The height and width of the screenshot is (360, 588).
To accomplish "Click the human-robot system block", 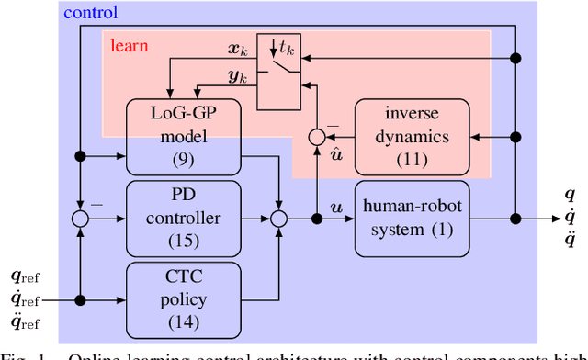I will (x=412, y=218).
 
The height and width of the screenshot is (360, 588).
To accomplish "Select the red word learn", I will (x=130, y=44).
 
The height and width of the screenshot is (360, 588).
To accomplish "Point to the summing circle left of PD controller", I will (x=82, y=219).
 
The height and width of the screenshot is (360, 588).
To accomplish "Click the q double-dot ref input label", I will (x=25, y=321).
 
